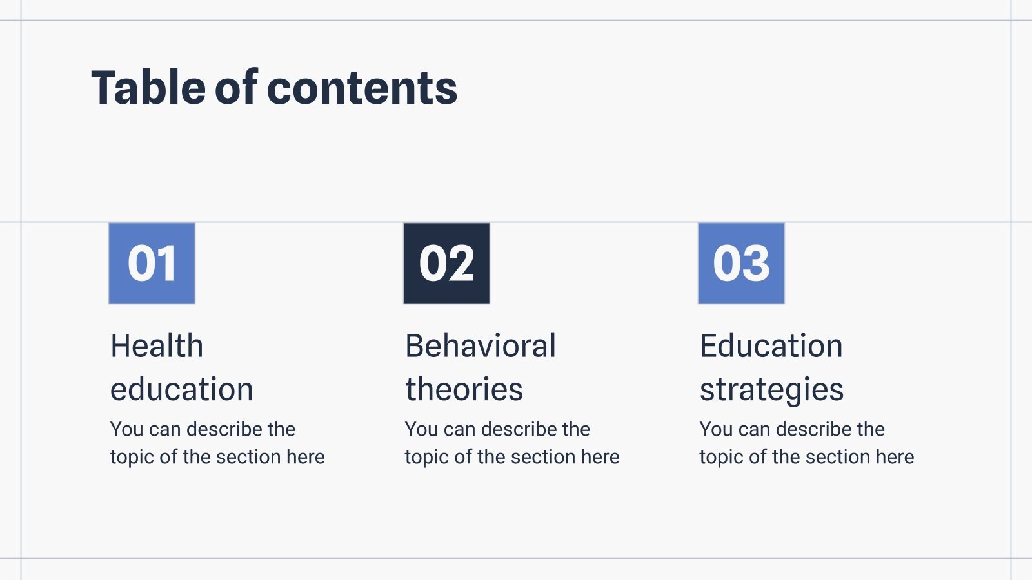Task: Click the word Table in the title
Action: pyautogui.click(x=148, y=88)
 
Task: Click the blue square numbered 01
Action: pyautogui.click(x=152, y=263)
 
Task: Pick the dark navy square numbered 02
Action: pyautogui.click(x=446, y=263)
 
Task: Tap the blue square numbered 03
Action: pyautogui.click(x=741, y=263)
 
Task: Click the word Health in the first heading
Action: pyautogui.click(x=157, y=346)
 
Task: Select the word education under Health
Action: pyautogui.click(x=182, y=389)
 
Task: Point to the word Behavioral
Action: pyautogui.click(x=481, y=346)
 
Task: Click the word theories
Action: pyautogui.click(x=464, y=389)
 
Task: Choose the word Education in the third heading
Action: pyautogui.click(x=771, y=346)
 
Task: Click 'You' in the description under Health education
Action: pyautogui.click(x=126, y=429)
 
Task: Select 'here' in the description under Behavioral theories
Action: pyautogui.click(x=600, y=457)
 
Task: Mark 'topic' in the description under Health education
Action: pyautogui.click(x=132, y=458)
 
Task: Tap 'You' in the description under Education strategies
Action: pyautogui.click(x=716, y=429)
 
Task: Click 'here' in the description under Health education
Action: pyautogui.click(x=305, y=457)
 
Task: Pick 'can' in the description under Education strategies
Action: pyautogui.click(x=754, y=430)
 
